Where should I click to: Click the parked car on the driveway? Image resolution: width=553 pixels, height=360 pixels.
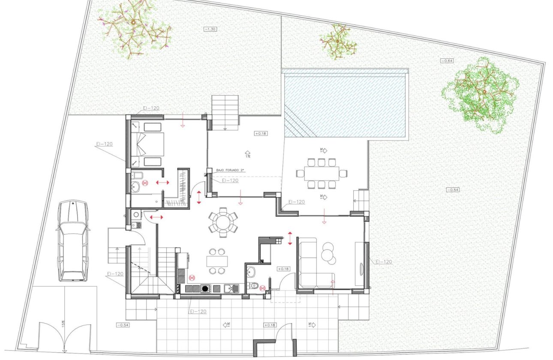72,240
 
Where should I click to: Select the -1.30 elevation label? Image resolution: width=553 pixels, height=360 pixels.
210,29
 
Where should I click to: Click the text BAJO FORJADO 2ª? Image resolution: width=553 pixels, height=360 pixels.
230,171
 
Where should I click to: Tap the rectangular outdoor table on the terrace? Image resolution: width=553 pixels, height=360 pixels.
322,173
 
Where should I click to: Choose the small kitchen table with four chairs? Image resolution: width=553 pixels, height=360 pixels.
216,261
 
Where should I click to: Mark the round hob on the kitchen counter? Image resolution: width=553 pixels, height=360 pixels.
206,288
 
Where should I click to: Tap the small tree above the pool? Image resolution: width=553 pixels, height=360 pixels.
338,42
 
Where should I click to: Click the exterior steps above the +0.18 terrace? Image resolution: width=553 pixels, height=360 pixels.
225,112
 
